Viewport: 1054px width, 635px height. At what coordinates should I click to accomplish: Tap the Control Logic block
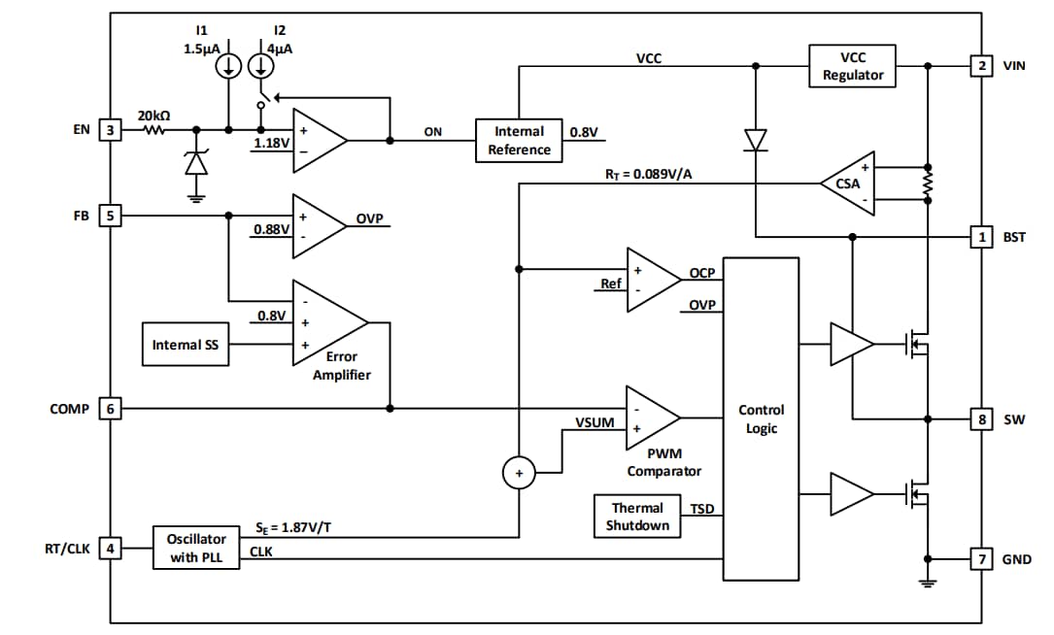pos(762,418)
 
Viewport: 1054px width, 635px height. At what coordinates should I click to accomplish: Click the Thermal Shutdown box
pos(637,516)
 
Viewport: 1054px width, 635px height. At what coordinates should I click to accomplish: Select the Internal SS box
pos(186,345)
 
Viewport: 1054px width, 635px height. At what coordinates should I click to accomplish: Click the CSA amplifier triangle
pos(847,183)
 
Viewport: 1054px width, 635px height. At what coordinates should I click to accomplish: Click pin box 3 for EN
pos(111,129)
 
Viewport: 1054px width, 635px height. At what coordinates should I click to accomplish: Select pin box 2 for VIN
pos(981,66)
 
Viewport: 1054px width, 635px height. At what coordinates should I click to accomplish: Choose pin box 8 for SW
pos(981,419)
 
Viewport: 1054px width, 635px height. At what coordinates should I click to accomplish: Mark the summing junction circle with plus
pos(519,474)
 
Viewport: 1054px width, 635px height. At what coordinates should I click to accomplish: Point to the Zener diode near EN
pos(196,163)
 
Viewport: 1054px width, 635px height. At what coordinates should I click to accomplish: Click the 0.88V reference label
pos(271,229)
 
